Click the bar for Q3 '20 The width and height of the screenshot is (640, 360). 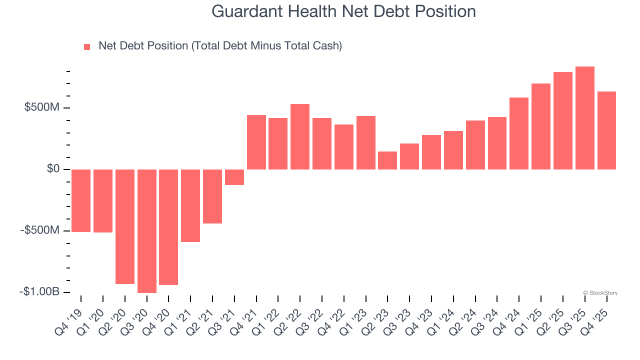coord(147,231)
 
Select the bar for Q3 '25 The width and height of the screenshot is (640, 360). coord(585,118)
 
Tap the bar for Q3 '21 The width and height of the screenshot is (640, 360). coord(234,177)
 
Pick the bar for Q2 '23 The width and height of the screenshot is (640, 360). coord(387,160)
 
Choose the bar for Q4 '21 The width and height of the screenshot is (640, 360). coord(256,142)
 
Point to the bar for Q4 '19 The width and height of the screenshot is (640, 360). coord(81,200)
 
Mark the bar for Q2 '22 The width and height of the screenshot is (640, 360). coord(300,137)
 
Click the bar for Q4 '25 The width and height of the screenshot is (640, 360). coord(606,130)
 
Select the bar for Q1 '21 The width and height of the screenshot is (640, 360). coord(190,205)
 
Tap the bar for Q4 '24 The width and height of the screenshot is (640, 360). coord(519,133)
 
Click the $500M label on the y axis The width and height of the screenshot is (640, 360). coord(42,108)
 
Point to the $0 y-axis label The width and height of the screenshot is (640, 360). coord(53,169)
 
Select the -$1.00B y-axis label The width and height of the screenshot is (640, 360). coord(39,292)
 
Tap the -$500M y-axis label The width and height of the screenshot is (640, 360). coord(39,230)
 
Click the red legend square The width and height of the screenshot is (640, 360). coord(87,47)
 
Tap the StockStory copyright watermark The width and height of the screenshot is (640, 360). coord(600,293)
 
